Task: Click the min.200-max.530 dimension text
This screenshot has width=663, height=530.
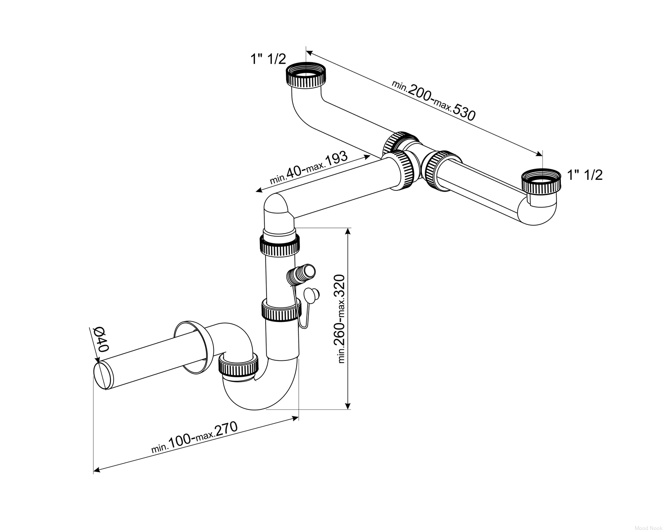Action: pyautogui.click(x=434, y=100)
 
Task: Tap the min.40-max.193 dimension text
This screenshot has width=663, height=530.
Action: pyautogui.click(x=309, y=168)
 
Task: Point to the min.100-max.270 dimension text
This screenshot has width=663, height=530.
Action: pyautogui.click(x=194, y=437)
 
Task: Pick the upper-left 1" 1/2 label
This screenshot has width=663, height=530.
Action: pyautogui.click(x=268, y=59)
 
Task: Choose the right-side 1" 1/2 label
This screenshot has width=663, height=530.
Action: pyautogui.click(x=585, y=175)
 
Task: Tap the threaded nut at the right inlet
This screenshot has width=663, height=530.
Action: pyautogui.click(x=541, y=184)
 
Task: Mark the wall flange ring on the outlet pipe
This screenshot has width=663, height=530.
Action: pyautogui.click(x=194, y=348)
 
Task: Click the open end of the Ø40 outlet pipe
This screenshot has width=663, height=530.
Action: pyautogui.click(x=103, y=376)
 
